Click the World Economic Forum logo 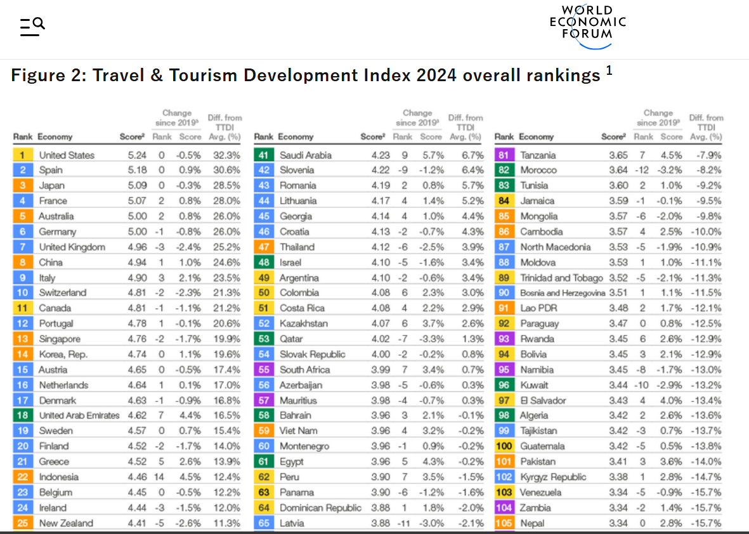tap(587, 27)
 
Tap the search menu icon tap(32, 27)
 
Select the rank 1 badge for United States tap(22, 155)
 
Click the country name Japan tap(51, 185)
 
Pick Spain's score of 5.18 tap(137, 170)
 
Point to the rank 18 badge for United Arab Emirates tap(22, 415)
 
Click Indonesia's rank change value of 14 tap(160, 477)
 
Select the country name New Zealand tap(66, 523)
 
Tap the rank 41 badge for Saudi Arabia tap(264, 155)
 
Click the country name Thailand tap(297, 247)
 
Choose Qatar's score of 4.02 tap(381, 339)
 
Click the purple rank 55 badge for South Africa tap(264, 369)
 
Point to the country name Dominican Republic tap(320, 508)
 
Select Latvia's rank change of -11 tap(404, 523)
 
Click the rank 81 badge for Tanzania tap(504, 155)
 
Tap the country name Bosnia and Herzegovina tap(563, 293)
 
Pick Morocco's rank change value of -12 tap(641, 170)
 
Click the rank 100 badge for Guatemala tap(504, 446)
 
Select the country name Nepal tap(532, 523)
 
